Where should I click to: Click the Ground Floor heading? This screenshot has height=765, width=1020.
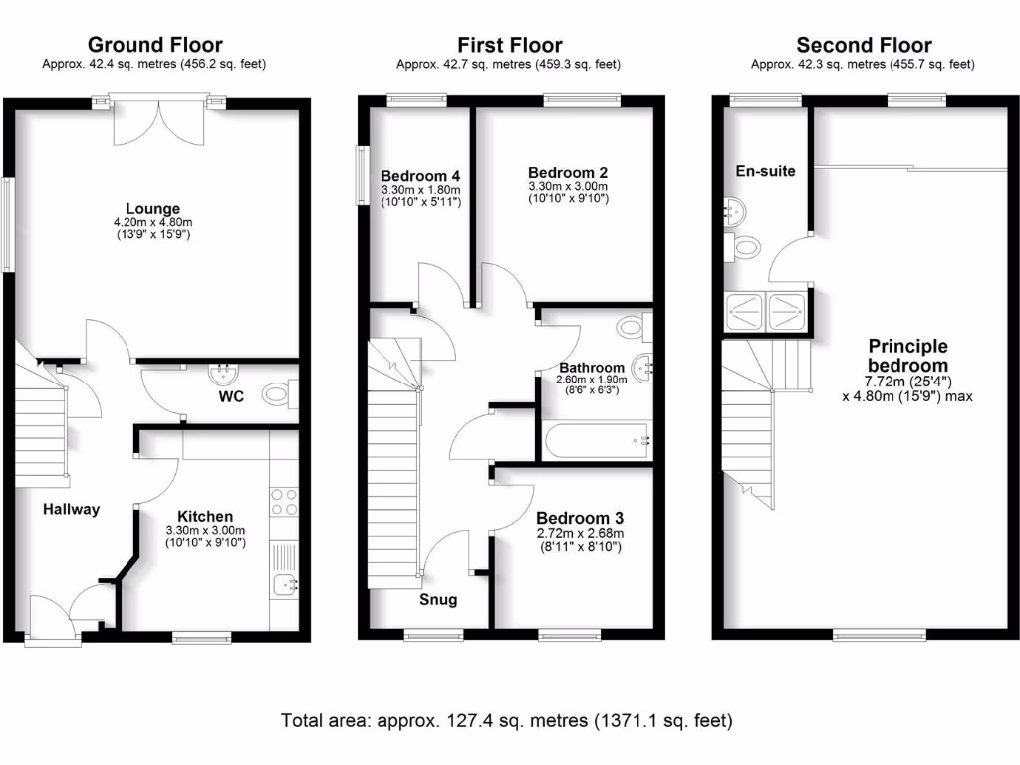(154, 45)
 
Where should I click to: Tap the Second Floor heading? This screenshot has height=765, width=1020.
(864, 45)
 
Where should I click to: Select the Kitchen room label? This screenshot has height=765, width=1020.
(205, 516)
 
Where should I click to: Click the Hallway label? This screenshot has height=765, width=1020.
(71, 509)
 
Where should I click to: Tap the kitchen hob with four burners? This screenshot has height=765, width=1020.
(283, 501)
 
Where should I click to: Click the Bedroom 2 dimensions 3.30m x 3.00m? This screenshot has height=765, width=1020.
(567, 186)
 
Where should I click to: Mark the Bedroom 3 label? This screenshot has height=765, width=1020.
(580, 518)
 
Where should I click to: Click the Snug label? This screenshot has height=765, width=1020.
(438, 599)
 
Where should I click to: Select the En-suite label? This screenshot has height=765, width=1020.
(765, 171)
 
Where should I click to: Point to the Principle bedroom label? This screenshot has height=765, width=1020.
(907, 356)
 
